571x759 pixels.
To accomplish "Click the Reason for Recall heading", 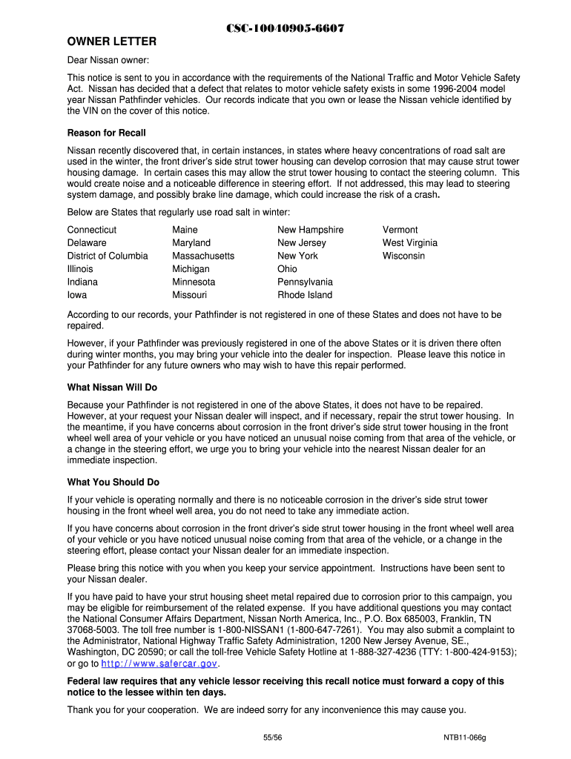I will click(107, 133).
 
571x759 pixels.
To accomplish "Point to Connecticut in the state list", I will click(92, 230).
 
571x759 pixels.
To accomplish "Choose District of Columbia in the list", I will click(108, 256).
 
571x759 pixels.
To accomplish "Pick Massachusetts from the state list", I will click(203, 256).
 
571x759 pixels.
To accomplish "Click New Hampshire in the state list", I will click(311, 230).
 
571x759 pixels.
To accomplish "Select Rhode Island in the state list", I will click(305, 295).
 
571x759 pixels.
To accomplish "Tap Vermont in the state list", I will click(400, 230).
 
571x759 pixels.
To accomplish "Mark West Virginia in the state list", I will click(410, 242).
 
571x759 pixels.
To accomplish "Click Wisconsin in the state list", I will click(404, 256).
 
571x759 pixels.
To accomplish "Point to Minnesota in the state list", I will click(194, 282).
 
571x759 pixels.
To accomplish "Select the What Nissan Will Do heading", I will click(112, 388).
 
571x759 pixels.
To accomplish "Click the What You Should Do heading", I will click(113, 482).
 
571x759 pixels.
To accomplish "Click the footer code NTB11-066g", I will click(465, 738).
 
